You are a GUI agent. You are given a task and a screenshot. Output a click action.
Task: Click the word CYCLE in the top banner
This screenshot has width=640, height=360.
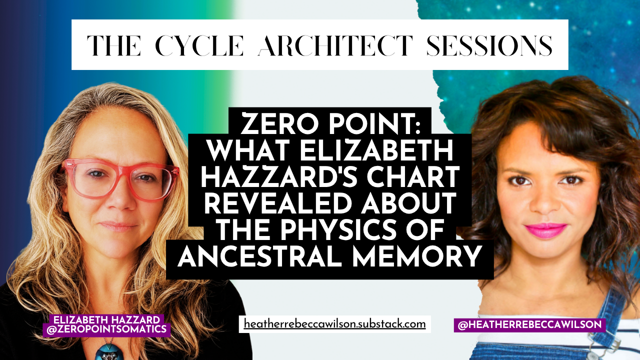click(x=199, y=45)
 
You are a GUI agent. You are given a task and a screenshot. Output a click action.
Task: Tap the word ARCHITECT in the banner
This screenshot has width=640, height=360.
click(x=335, y=45)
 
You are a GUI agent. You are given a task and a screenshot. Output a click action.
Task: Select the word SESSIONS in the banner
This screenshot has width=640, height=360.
click(x=489, y=45)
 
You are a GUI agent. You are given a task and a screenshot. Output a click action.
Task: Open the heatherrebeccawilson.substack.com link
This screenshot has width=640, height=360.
click(x=335, y=324)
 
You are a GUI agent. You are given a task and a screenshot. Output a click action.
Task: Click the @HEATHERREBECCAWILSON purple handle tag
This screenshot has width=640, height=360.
click(x=529, y=325)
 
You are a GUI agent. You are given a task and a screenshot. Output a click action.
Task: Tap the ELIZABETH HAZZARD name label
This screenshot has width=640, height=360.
click(x=106, y=319)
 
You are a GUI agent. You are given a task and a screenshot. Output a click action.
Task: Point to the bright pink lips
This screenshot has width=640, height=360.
click(x=546, y=230)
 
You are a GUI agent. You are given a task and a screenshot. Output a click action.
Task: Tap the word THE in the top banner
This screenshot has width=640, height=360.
click(x=113, y=45)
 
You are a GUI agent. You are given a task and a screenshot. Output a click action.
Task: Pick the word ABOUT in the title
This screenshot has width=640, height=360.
click(x=407, y=204)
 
